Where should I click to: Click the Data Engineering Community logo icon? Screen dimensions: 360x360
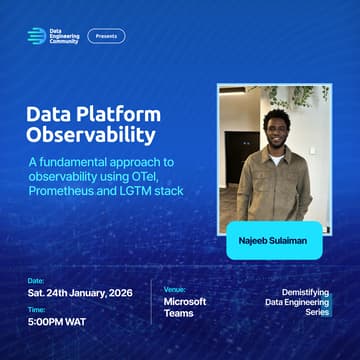37,36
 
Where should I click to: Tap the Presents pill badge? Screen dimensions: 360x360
106,36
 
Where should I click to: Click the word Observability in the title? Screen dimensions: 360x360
91,133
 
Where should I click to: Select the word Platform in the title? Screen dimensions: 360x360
123,112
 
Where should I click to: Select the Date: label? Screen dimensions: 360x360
36,281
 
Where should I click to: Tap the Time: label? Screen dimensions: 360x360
36,310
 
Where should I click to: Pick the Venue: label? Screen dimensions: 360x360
176,285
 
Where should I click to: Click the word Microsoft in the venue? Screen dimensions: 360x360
185,300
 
